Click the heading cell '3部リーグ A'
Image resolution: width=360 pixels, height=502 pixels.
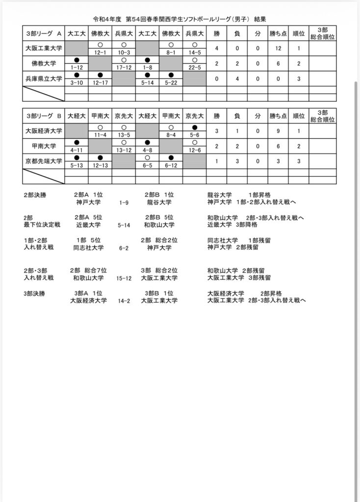point(44,34)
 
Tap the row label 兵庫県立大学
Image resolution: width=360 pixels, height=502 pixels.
point(44,78)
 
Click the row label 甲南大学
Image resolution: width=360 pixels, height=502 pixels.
point(44,146)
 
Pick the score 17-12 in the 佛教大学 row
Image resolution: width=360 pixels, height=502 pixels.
point(124,67)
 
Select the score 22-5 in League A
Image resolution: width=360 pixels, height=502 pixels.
point(194,67)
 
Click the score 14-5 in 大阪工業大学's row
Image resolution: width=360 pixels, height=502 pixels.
point(194,52)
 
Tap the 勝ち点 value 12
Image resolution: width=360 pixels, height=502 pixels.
point(278,49)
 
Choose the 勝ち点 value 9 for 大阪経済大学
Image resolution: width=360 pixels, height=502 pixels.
point(278,131)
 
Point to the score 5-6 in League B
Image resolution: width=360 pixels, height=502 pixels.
point(194,134)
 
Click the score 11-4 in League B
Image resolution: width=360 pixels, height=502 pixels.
point(100,134)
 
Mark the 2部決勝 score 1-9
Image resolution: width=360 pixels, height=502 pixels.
point(124,202)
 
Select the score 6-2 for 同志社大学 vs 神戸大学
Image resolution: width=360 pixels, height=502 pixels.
point(124,248)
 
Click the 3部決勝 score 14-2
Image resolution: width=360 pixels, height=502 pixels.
point(124,301)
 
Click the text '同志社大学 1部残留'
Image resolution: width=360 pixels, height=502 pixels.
point(233,241)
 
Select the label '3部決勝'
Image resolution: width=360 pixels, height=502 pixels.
point(34,293)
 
